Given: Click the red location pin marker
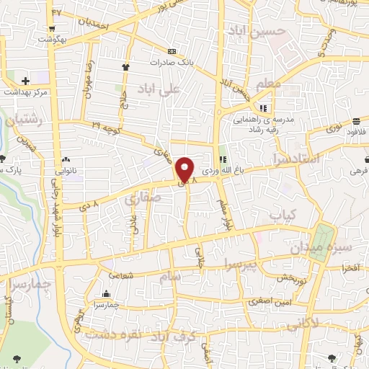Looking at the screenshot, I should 185,171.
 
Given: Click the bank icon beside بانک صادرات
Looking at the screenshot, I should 172,52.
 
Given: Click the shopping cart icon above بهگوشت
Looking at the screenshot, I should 53,30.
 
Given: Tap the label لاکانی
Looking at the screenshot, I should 303,326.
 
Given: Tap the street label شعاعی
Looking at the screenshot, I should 120,274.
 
